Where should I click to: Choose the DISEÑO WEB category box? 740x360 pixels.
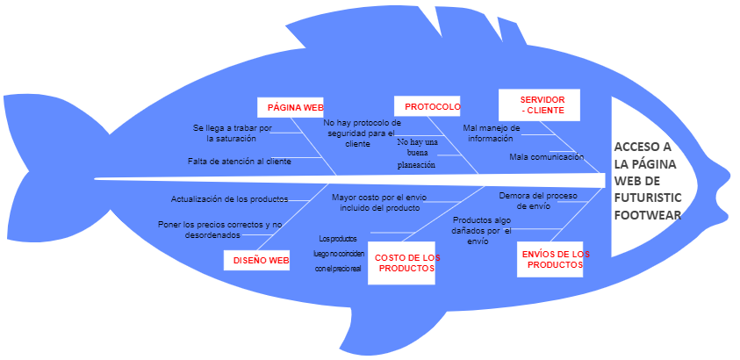click(261, 260)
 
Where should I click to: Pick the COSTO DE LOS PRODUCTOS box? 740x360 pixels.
click(406, 263)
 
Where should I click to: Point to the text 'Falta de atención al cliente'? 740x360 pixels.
click(239, 162)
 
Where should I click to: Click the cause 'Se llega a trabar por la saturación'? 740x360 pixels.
click(232, 133)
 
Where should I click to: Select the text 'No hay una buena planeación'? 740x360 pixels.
click(417, 153)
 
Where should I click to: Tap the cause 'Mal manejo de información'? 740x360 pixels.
click(492, 133)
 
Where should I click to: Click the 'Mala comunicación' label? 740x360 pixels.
click(546, 156)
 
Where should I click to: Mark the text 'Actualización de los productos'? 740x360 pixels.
click(229, 199)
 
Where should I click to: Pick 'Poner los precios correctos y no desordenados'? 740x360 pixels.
click(219, 230)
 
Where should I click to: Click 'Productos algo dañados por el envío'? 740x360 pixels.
click(482, 230)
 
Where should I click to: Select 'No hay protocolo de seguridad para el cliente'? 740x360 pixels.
click(362, 133)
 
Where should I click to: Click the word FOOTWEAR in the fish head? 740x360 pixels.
click(648, 215)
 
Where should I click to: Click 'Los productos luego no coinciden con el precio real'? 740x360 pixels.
click(338, 253)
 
